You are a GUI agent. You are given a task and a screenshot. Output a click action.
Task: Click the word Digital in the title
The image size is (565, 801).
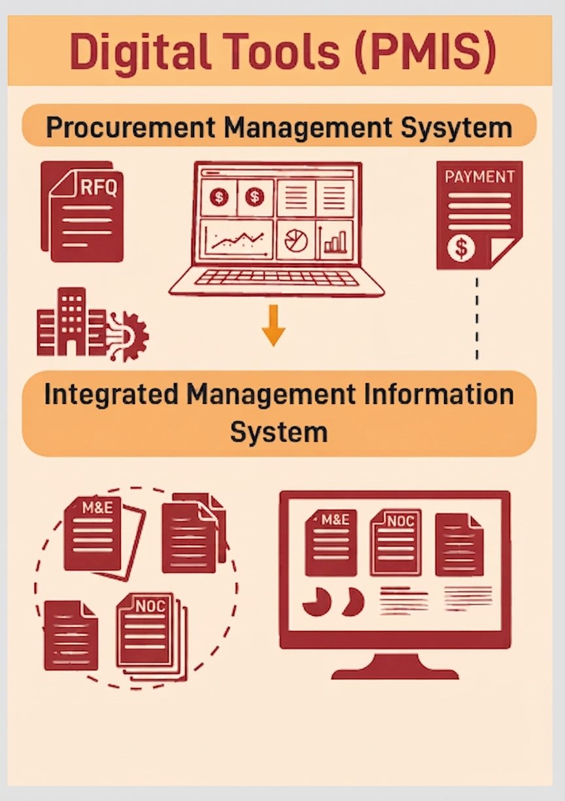point(139,51)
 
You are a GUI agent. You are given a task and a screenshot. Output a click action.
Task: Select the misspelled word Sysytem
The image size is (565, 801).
point(456,128)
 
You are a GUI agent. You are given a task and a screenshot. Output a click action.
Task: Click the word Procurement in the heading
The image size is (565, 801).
point(131,128)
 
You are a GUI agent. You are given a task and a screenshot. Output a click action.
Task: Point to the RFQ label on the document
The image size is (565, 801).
point(99,188)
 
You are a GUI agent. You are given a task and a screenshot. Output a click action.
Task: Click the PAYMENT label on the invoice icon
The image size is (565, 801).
point(479,177)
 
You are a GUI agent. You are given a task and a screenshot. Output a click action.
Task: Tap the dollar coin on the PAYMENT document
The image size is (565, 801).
point(461,247)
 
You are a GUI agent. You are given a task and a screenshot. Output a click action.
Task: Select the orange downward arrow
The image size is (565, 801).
point(273,326)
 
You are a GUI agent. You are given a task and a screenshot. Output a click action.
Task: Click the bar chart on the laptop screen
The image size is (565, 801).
point(334,241)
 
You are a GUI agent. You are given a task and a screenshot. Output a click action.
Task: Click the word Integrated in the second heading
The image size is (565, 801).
point(111,396)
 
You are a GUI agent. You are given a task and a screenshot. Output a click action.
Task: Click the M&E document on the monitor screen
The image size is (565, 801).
point(331,543)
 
